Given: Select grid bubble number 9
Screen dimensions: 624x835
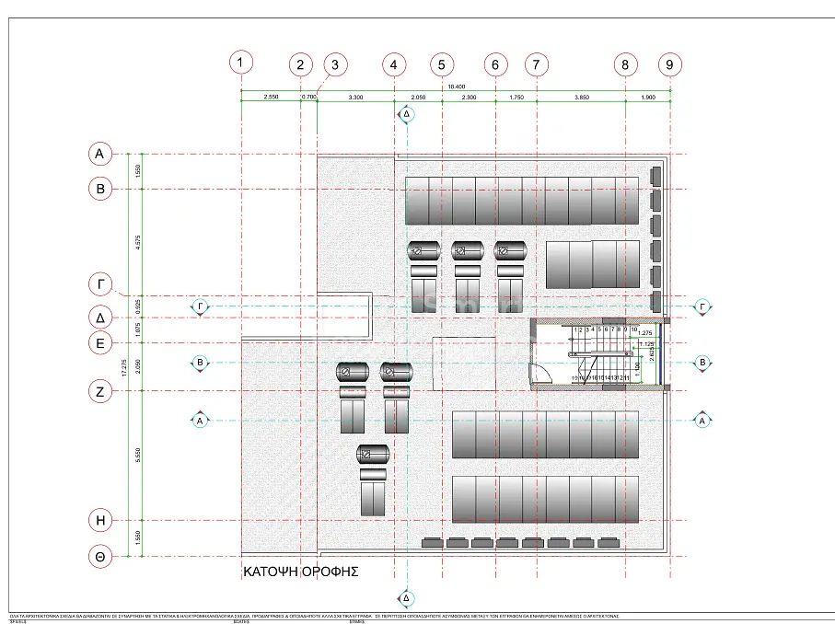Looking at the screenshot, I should [670, 64].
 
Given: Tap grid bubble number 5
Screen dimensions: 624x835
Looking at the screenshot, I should [442, 64].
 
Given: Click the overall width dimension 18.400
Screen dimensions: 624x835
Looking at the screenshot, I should [456, 87].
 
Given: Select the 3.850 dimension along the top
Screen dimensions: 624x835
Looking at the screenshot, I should [581, 96].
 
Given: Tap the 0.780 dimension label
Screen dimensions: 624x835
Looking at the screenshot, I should [309, 96].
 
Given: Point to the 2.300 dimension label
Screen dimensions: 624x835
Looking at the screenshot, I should [469, 96].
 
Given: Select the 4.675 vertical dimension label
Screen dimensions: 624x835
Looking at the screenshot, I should [137, 242].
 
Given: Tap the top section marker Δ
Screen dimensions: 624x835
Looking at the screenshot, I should [406, 114].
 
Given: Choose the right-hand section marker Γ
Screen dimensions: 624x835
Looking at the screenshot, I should [702, 306].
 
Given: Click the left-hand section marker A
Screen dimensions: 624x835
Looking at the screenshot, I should [200, 421].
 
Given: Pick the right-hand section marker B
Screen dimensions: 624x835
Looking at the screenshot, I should [702, 364].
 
